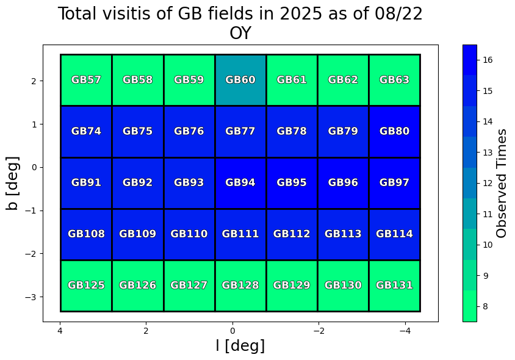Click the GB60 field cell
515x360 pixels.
240,80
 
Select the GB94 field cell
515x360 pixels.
240,182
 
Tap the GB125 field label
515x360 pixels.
86,285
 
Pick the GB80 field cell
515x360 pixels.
394,131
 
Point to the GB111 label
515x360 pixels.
240,234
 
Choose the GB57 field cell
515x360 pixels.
86,80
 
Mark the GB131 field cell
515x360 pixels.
394,285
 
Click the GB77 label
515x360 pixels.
240,131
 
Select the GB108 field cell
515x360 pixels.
86,234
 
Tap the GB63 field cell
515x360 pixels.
394,80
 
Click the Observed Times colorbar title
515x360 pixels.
502,183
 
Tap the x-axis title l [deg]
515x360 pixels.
240,345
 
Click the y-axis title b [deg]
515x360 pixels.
12,183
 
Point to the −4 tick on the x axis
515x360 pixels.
405,331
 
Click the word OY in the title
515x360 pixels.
240,34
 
